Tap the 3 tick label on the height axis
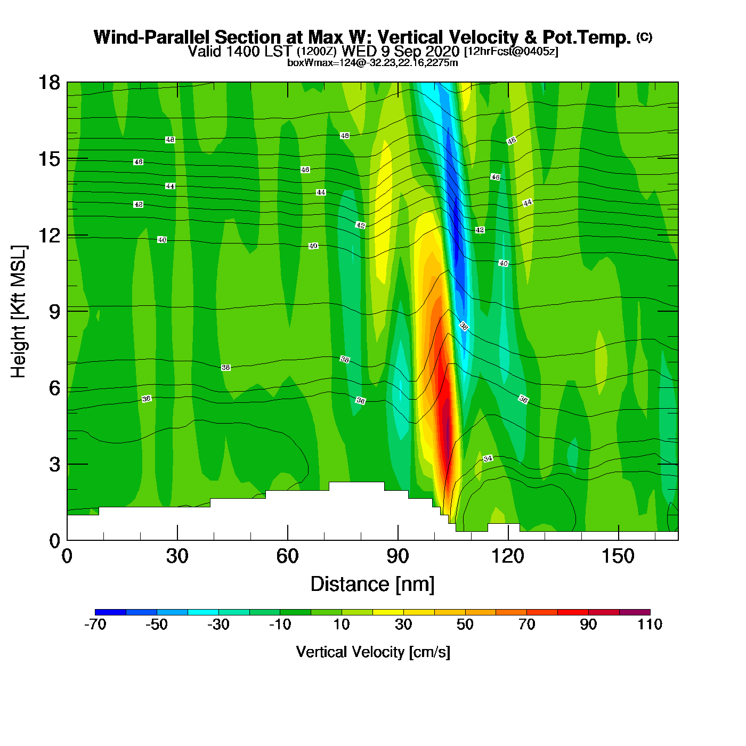(x=54, y=465)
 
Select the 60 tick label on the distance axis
(x=287, y=556)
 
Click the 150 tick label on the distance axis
(x=618, y=556)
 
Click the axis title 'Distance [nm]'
(x=372, y=585)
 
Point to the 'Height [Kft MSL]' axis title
(x=19, y=312)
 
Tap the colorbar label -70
(x=95, y=625)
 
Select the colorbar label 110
(x=650, y=625)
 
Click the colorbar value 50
(x=465, y=625)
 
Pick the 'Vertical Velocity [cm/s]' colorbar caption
(x=372, y=652)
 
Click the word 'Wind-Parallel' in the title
(x=152, y=37)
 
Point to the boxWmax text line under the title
(x=372, y=63)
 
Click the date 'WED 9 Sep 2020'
(x=400, y=51)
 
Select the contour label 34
(x=488, y=459)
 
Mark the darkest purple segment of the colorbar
(x=635, y=612)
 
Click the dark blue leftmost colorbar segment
(x=110, y=612)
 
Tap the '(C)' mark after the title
(x=644, y=37)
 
